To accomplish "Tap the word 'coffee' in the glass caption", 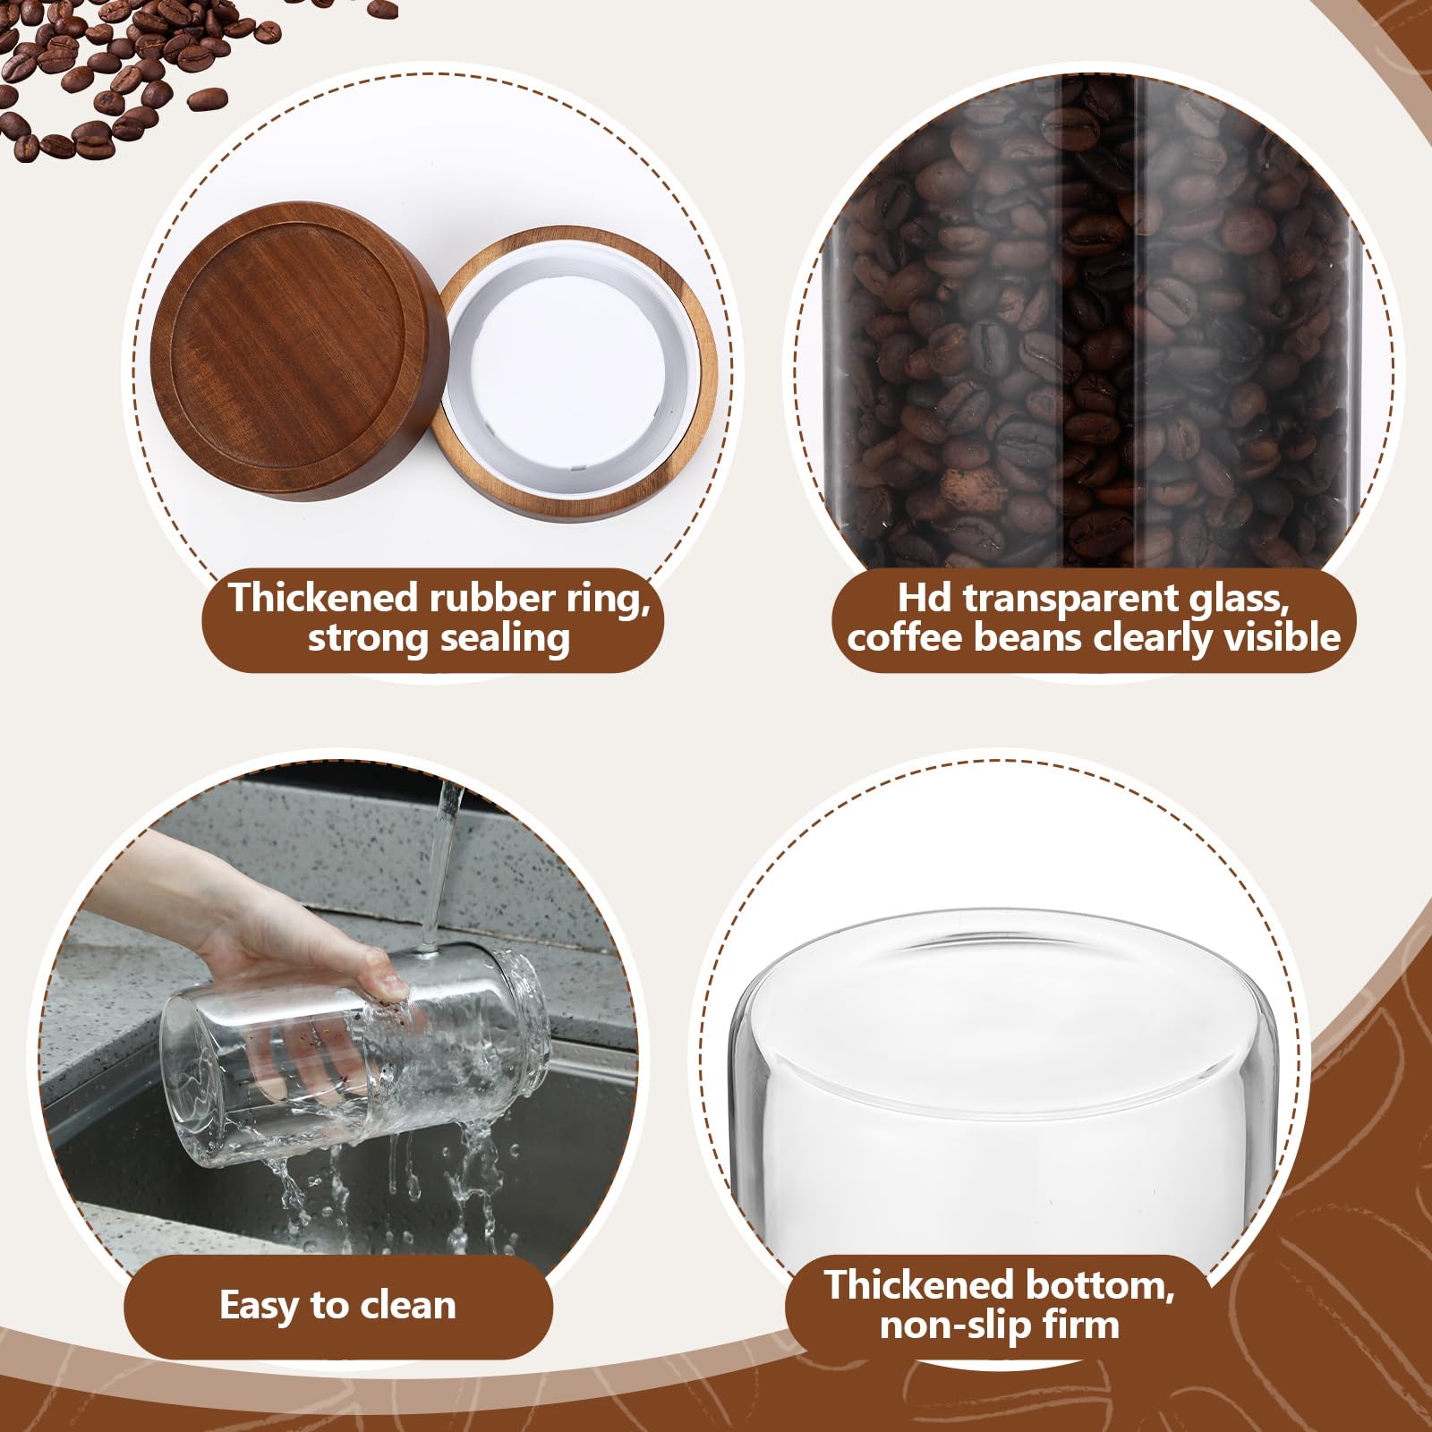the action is coord(905,637).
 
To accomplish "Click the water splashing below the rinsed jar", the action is coord(385,1181).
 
